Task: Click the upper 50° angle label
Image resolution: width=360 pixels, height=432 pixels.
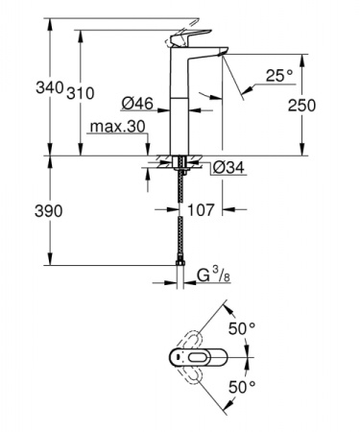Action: click(x=243, y=328)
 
